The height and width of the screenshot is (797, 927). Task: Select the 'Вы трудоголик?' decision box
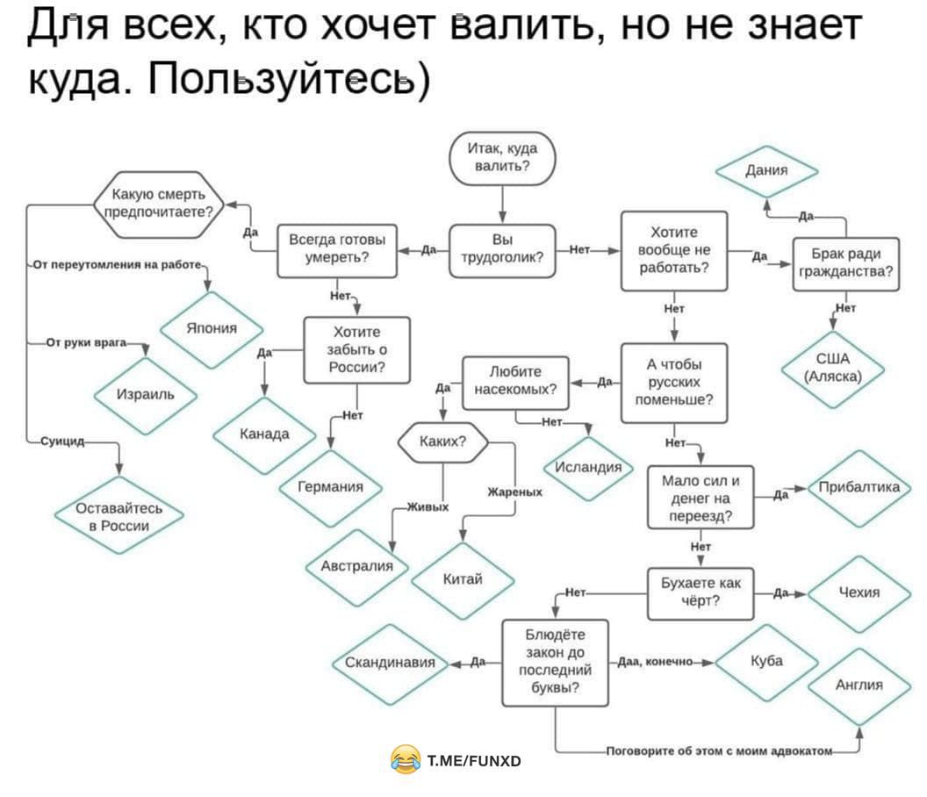[502, 250]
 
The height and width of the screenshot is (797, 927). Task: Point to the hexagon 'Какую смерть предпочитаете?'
[159, 204]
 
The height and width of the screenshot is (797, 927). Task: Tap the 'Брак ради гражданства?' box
[844, 262]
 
